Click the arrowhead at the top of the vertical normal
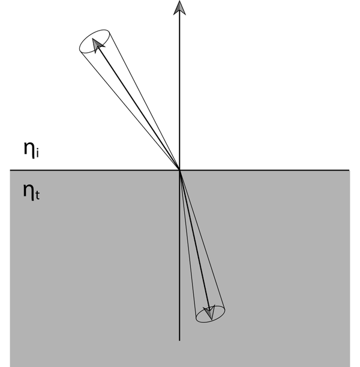tap(179, 7)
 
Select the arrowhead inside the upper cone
tap(98, 44)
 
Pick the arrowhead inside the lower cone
tap(208, 312)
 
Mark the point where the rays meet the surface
tap(179, 170)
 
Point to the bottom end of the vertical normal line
tap(179, 341)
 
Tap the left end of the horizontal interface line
tap(10, 170)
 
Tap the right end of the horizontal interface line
tap(350, 170)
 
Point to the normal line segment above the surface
tap(179, 90)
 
